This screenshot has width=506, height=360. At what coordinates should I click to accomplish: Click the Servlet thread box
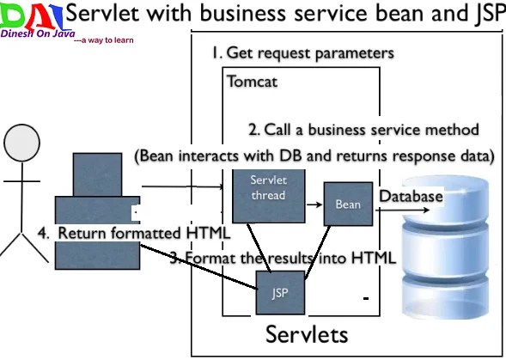(x=269, y=196)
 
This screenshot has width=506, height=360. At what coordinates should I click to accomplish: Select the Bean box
(x=348, y=204)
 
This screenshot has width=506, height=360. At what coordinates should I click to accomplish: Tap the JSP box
(x=280, y=292)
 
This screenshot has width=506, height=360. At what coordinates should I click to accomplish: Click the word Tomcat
(x=252, y=82)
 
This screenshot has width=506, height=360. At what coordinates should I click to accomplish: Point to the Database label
(x=411, y=196)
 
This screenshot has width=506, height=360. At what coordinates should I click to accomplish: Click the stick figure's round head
(x=22, y=143)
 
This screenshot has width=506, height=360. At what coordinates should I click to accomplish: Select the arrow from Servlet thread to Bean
(x=314, y=204)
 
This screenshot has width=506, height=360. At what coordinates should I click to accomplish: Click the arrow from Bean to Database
(x=402, y=211)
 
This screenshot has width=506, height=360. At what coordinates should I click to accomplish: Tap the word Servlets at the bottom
(x=307, y=334)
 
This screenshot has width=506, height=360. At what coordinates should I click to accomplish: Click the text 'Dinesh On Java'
(x=38, y=34)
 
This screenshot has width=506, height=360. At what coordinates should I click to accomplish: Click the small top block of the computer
(x=97, y=174)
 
